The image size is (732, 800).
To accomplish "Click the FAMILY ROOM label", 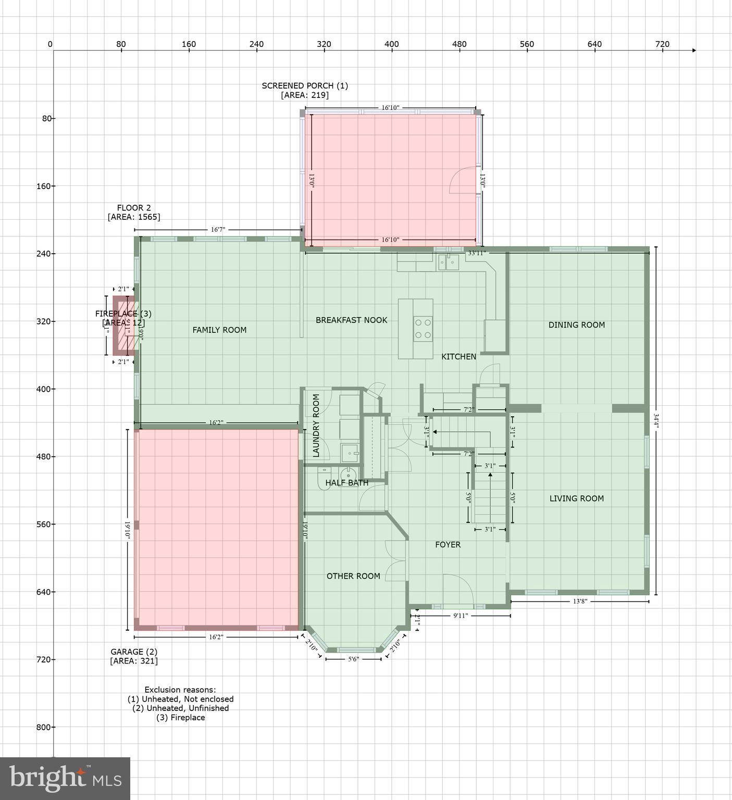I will pyautogui.click(x=219, y=330).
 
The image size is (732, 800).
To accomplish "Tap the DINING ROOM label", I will pyautogui.click(x=576, y=324).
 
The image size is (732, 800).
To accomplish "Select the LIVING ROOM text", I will pyautogui.click(x=576, y=498).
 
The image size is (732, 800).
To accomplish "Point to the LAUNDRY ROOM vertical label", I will pyautogui.click(x=316, y=426).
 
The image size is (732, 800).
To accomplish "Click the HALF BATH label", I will pyautogui.click(x=346, y=483).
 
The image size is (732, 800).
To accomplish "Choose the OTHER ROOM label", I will pyautogui.click(x=353, y=576).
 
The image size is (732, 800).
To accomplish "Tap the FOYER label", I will pyautogui.click(x=448, y=545).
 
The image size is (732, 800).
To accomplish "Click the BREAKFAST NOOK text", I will pyautogui.click(x=351, y=320).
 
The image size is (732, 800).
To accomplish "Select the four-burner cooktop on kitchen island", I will pyautogui.click(x=423, y=329).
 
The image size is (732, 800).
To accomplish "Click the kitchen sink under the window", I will pyautogui.click(x=448, y=263).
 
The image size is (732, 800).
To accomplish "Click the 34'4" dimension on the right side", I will pyautogui.click(x=656, y=421).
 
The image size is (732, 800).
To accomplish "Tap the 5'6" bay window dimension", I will pyautogui.click(x=353, y=659).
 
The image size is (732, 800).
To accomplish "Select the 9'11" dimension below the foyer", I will pyautogui.click(x=461, y=616).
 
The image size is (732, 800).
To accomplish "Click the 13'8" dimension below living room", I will pyautogui.click(x=580, y=601).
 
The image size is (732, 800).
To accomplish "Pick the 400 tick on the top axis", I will pyautogui.click(x=391, y=44).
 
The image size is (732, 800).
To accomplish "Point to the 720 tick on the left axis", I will pyautogui.click(x=46, y=659).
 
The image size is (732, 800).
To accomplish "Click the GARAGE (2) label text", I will pyautogui.click(x=133, y=652).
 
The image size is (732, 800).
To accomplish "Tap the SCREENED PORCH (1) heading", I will pyautogui.click(x=304, y=85).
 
